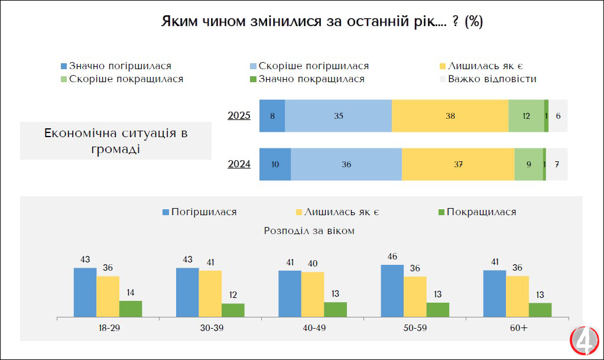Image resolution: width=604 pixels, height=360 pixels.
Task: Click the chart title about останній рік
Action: click(322, 22)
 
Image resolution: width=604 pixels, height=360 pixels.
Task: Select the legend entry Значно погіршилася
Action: click(116, 66)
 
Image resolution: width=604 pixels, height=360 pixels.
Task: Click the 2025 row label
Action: click(239, 116)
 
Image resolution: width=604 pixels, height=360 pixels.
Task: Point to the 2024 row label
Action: click(239, 164)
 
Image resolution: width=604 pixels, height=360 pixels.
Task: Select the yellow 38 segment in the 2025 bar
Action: click(450, 116)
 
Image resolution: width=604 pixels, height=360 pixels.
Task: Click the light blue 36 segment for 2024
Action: click(346, 164)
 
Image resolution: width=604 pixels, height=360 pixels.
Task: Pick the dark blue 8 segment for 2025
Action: click(272, 116)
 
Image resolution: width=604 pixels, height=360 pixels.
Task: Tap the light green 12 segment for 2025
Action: click(526, 116)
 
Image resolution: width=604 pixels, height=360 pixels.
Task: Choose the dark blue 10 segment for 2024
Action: click(275, 164)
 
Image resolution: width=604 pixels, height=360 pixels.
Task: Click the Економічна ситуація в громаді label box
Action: click(115, 141)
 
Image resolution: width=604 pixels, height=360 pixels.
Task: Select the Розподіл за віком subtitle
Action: click(309, 231)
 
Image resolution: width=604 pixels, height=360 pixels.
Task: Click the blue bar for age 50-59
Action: click(392, 291)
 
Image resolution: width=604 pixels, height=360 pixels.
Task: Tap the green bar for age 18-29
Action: click(131, 309)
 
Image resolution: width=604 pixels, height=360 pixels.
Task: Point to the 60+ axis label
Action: click(517, 327)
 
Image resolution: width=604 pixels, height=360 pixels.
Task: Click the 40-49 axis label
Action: click(313, 327)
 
